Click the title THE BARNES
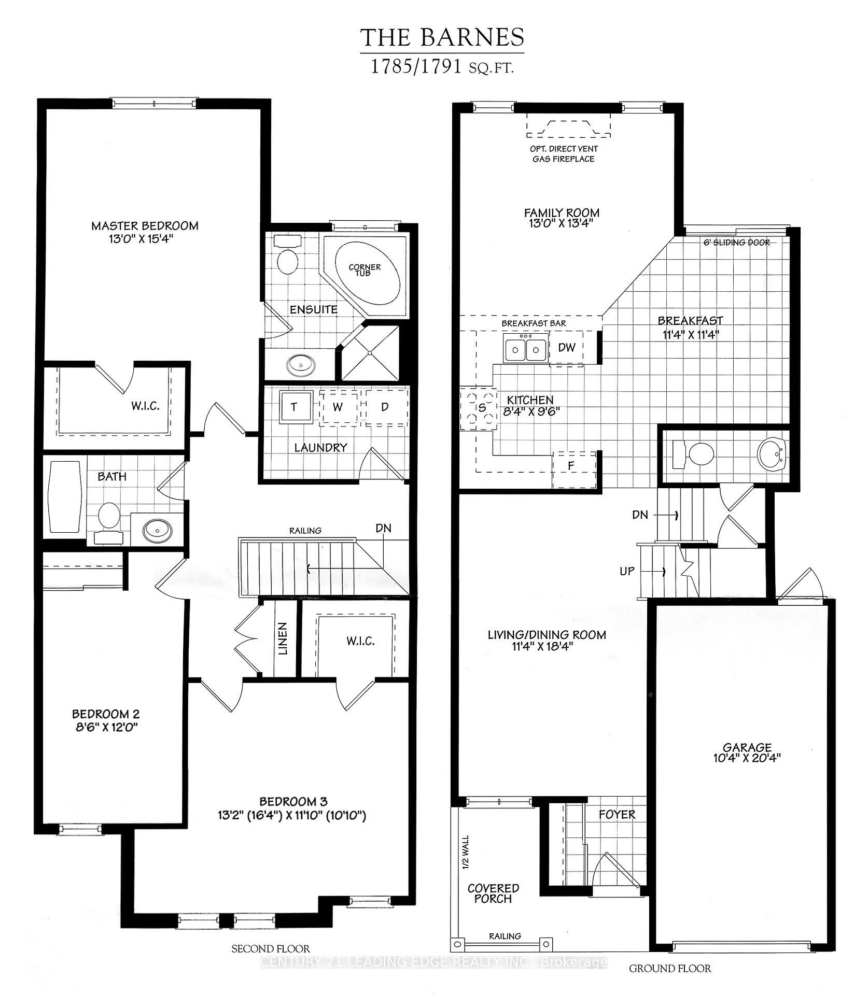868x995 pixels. (x=442, y=37)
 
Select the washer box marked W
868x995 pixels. (x=338, y=407)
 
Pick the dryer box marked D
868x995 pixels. (x=385, y=407)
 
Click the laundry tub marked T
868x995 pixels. (x=295, y=407)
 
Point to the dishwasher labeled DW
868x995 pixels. (x=566, y=348)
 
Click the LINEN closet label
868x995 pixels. (x=283, y=638)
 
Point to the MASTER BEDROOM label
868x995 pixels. (x=145, y=226)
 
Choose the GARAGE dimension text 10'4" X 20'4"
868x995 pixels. (x=747, y=758)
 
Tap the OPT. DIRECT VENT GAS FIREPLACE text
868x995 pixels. (x=563, y=154)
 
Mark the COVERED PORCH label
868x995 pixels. (x=493, y=893)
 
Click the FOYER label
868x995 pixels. (x=617, y=815)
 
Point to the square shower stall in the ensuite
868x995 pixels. (x=370, y=352)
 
